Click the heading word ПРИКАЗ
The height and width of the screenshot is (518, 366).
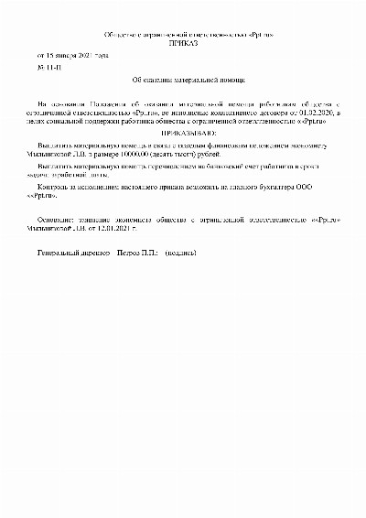pos(183,43)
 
